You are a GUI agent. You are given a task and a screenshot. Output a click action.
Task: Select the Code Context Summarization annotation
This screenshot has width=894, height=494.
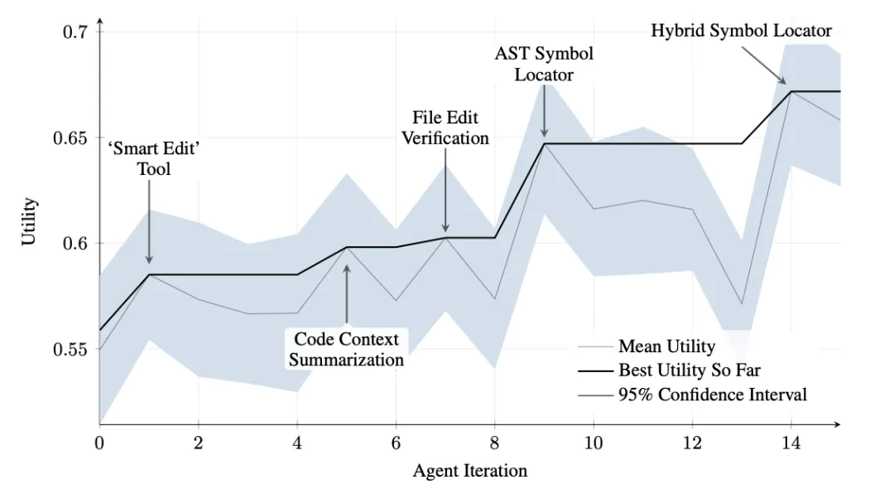pyautogui.click(x=346, y=350)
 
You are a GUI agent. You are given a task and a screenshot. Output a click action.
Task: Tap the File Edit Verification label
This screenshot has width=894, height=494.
pyautogui.click(x=445, y=128)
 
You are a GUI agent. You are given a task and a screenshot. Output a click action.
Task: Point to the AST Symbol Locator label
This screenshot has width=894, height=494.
pyautogui.click(x=544, y=64)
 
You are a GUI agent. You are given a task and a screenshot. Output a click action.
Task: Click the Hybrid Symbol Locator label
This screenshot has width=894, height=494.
pyautogui.click(x=741, y=31)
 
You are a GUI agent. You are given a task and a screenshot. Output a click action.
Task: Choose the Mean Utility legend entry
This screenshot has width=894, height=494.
pyautogui.click(x=666, y=346)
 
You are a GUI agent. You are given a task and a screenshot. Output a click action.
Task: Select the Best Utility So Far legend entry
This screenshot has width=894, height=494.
pyautogui.click(x=689, y=370)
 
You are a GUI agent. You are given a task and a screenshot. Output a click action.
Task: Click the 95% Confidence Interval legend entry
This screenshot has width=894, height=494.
pyautogui.click(x=712, y=395)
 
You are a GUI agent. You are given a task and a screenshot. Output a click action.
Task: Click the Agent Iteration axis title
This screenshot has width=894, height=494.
pyautogui.click(x=470, y=472)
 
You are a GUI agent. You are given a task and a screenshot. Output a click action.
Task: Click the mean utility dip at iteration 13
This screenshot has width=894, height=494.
pyautogui.click(x=742, y=304)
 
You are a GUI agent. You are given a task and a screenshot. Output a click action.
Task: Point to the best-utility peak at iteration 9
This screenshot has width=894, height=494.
pyautogui.click(x=544, y=143)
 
